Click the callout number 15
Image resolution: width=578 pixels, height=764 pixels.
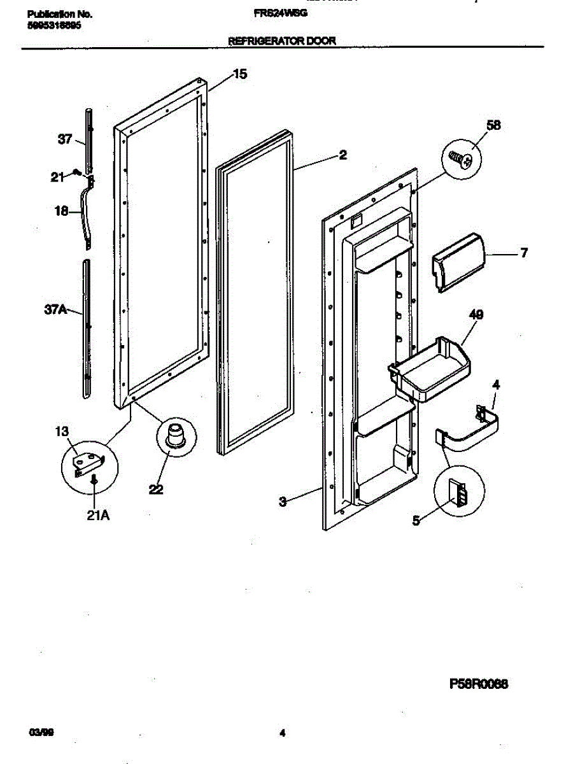(239, 74)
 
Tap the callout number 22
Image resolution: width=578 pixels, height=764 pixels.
(156, 489)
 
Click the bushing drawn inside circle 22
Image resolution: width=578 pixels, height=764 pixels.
(173, 437)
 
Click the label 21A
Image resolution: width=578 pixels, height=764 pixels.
(98, 516)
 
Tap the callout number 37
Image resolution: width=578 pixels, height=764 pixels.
(65, 140)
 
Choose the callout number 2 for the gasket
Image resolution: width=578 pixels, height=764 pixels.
(342, 155)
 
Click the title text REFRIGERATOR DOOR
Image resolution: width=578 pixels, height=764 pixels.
(282, 41)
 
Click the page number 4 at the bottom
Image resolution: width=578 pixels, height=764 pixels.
(282, 733)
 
